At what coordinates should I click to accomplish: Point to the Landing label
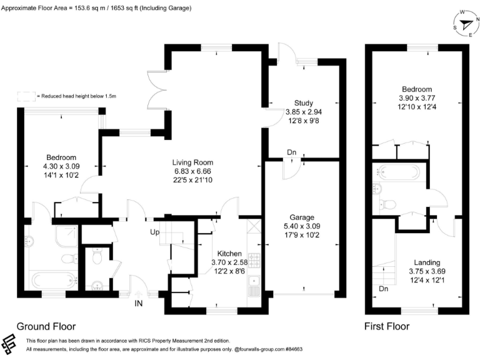tap(427, 262)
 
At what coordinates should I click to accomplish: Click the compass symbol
tap(464, 25)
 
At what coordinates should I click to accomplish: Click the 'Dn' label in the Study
tap(291, 152)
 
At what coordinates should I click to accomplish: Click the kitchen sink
tap(254, 287)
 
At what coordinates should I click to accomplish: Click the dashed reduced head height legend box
tap(26, 96)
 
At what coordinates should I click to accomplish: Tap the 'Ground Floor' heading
tap(46, 326)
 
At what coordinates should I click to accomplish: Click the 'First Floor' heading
tap(387, 326)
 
